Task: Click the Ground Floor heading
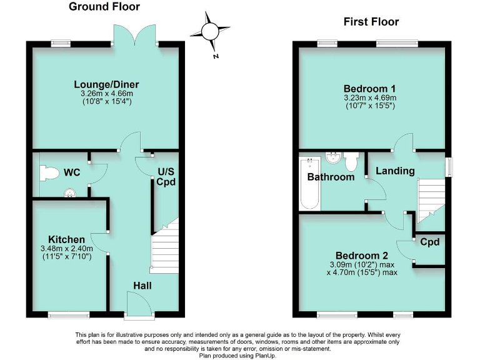coord(104,7)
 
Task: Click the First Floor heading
coord(371,22)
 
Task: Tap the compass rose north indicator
coord(211,31)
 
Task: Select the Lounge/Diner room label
coord(106,84)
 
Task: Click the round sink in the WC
coord(69,192)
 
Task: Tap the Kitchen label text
coord(66,239)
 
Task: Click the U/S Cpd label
coord(166,177)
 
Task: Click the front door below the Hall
coord(137,306)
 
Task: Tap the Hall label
coord(141,286)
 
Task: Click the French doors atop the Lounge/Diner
coord(133,34)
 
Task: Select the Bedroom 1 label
coord(369,88)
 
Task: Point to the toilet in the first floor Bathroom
coord(351,162)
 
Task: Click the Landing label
coord(394,171)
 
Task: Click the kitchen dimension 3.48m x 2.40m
coord(67,248)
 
